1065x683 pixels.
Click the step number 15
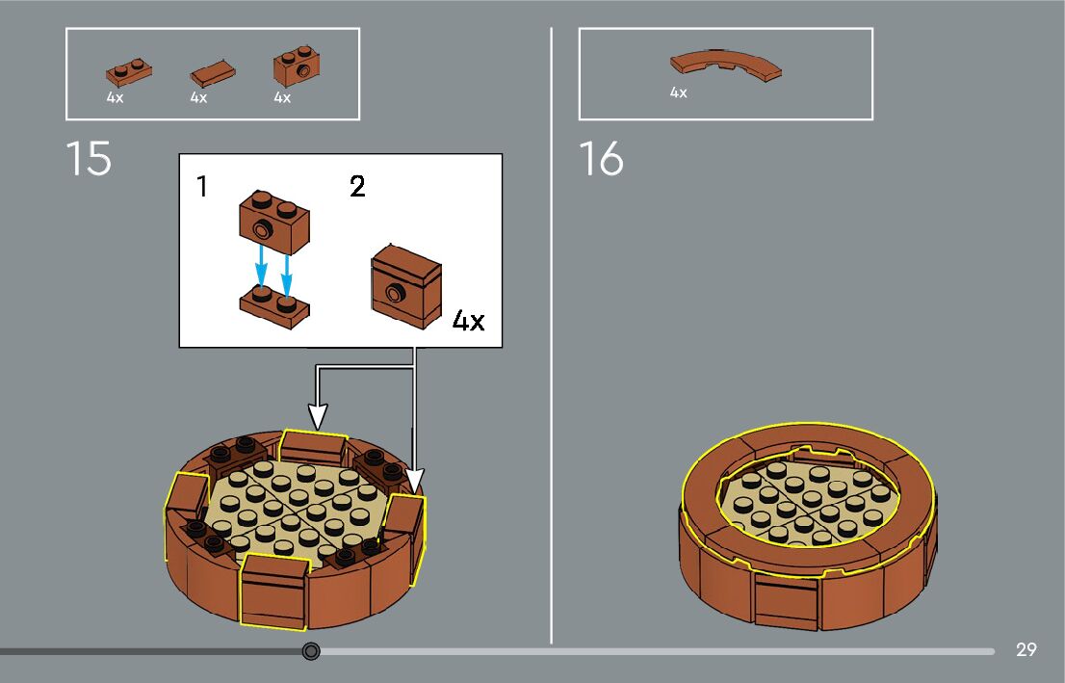tap(89, 159)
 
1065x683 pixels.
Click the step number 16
tap(601, 159)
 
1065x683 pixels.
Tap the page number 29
tap(1026, 650)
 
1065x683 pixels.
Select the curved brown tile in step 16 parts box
tap(725, 66)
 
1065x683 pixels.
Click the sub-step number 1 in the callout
tap(201, 187)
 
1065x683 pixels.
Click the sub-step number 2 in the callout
tap(357, 187)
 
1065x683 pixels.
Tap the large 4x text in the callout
tap(468, 321)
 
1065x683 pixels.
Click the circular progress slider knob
tap(311, 651)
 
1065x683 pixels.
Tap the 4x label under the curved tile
tap(679, 93)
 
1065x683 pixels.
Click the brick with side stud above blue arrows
tap(273, 217)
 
